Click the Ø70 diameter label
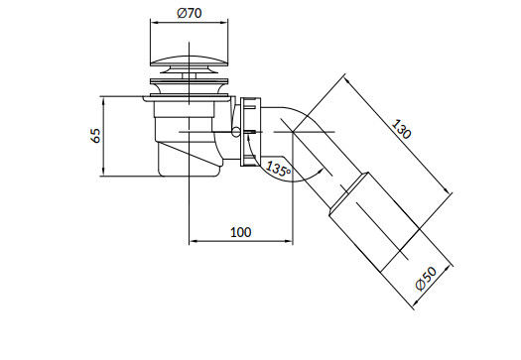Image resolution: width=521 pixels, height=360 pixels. point(190,13)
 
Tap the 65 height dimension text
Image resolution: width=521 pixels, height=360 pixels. point(95,136)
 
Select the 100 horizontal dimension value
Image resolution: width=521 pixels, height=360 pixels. point(240,232)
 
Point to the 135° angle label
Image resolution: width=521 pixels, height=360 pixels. point(278,169)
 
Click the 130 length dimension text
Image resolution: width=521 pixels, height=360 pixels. point(401,129)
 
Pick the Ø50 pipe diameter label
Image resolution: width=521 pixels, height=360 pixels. point(427,279)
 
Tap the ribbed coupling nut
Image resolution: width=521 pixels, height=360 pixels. point(250,131)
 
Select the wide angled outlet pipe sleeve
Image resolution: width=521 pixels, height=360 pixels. point(374,222)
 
